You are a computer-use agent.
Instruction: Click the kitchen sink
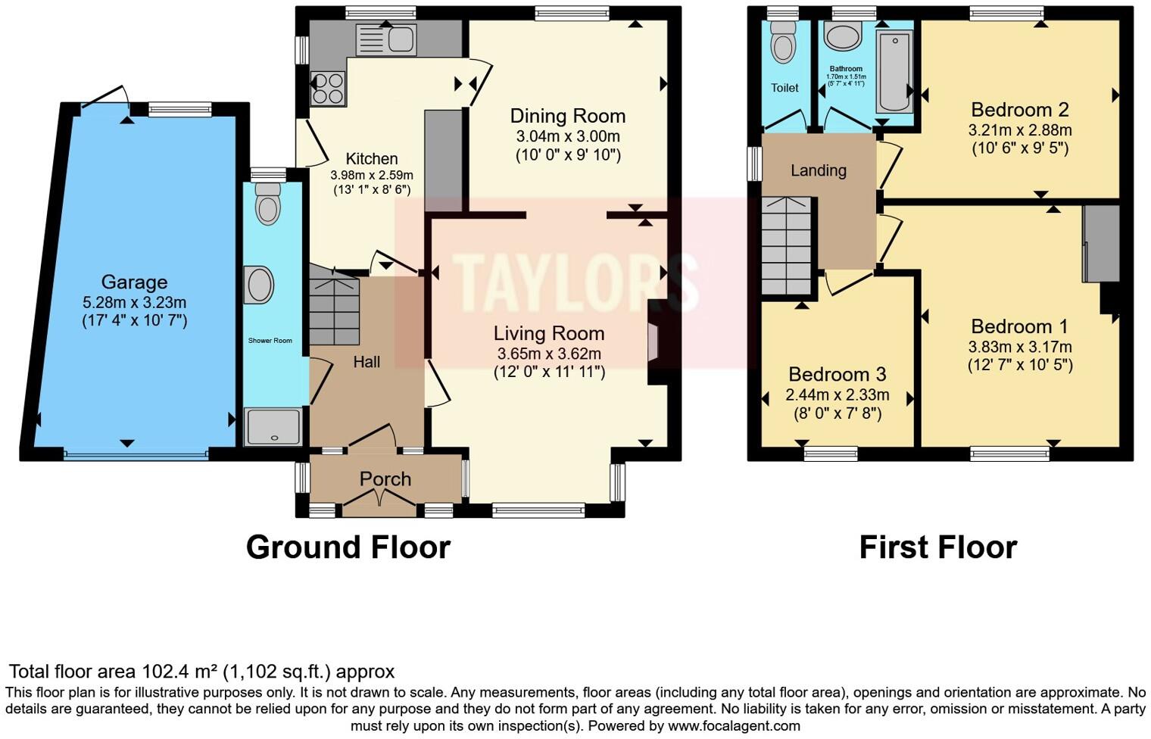click(x=385, y=40)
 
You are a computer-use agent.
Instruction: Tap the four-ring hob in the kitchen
click(x=329, y=88)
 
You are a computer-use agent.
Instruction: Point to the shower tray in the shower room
click(x=273, y=427)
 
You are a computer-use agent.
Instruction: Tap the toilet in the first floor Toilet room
click(x=783, y=42)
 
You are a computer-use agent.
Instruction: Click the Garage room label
click(x=134, y=282)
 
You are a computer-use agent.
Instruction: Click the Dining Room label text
click(x=568, y=117)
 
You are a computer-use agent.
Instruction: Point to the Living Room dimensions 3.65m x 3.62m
click(x=549, y=354)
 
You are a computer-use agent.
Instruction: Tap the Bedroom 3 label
click(x=837, y=375)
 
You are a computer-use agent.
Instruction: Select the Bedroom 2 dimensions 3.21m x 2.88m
click(x=1020, y=130)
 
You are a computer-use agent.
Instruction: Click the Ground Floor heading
click(x=348, y=547)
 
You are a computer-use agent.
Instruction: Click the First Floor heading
click(x=937, y=547)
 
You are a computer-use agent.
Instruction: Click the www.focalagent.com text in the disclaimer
click(x=732, y=725)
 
